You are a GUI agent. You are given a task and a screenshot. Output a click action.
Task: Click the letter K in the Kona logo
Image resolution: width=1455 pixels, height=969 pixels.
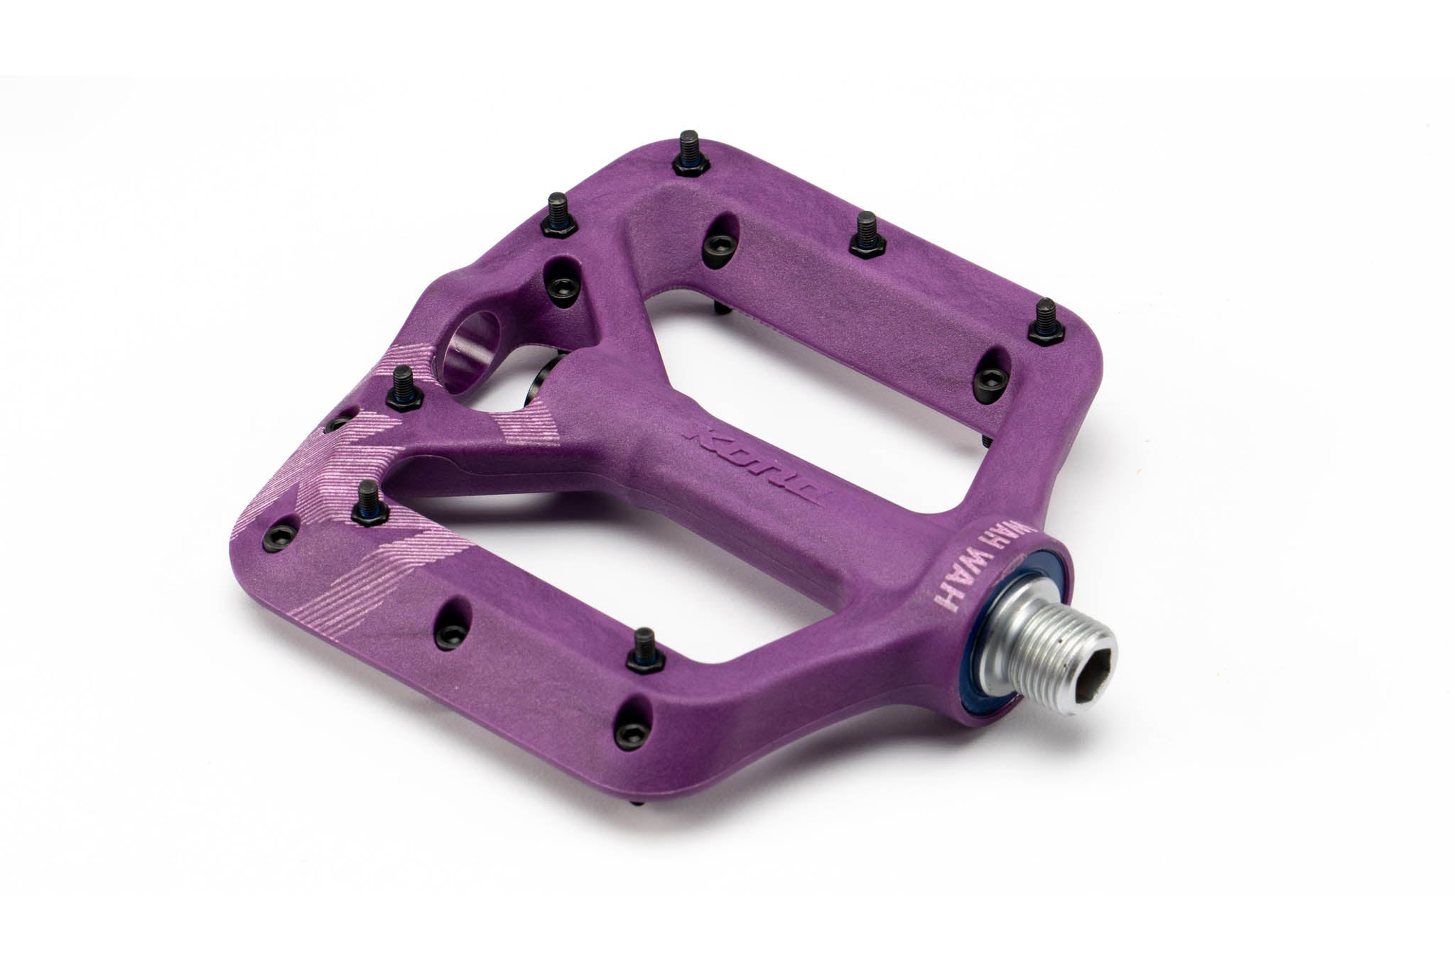click(x=703, y=434)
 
